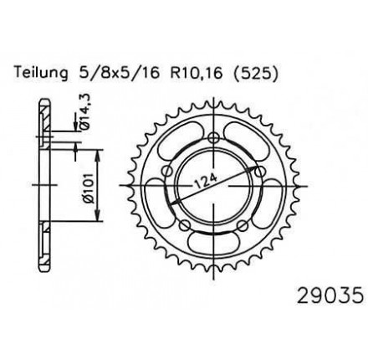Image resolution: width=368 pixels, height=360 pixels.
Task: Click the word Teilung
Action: coord(41,73)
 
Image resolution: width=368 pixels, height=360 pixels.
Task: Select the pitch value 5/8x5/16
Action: coord(119,73)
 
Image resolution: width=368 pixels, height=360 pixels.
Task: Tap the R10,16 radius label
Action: coord(197,74)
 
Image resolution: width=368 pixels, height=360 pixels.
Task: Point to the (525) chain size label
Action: coord(256,74)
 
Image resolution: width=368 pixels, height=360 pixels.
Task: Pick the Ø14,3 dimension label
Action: coord(85,111)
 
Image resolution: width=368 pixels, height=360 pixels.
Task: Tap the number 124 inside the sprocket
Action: coord(206,181)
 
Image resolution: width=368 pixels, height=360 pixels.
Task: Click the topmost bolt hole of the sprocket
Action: coord(214,137)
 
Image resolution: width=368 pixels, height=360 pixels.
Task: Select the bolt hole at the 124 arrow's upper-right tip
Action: coord(259,171)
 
